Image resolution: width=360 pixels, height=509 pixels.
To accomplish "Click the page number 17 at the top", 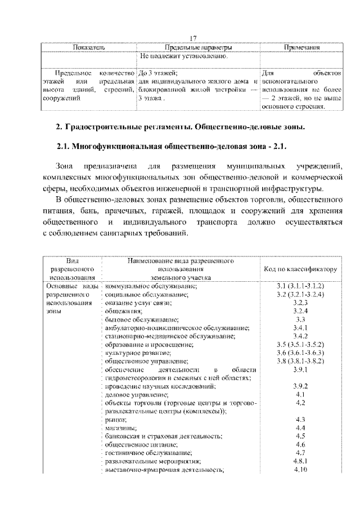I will (192, 38).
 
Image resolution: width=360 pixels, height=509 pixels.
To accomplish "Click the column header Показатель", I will (89, 48).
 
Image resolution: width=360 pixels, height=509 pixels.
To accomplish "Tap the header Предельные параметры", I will (199, 48).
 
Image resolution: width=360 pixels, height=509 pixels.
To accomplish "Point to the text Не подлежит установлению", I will (184, 57).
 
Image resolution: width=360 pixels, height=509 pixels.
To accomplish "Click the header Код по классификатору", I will (301, 269).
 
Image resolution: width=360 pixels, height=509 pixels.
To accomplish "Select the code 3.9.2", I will (300, 386).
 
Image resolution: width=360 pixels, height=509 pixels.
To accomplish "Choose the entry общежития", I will (123, 311).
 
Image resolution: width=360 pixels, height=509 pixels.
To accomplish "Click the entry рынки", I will (115, 420).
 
